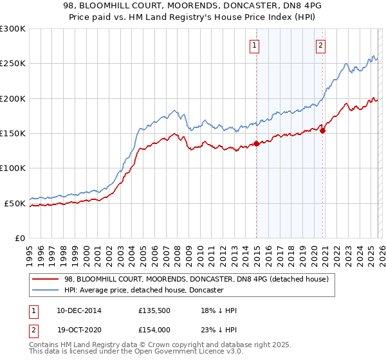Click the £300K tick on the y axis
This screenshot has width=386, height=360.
pyautogui.click(x=13, y=29)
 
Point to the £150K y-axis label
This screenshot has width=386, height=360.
pyautogui.click(x=13, y=134)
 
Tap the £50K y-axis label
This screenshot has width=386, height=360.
pyautogui.click(x=15, y=203)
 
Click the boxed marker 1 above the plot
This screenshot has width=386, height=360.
pyautogui.click(x=255, y=45)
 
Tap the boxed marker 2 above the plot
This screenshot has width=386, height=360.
pyautogui.click(x=320, y=45)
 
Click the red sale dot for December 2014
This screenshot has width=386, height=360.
pyautogui.click(x=256, y=143)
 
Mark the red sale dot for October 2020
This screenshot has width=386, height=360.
pyautogui.click(x=323, y=130)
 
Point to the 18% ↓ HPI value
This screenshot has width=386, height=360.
pyautogui.click(x=219, y=310)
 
